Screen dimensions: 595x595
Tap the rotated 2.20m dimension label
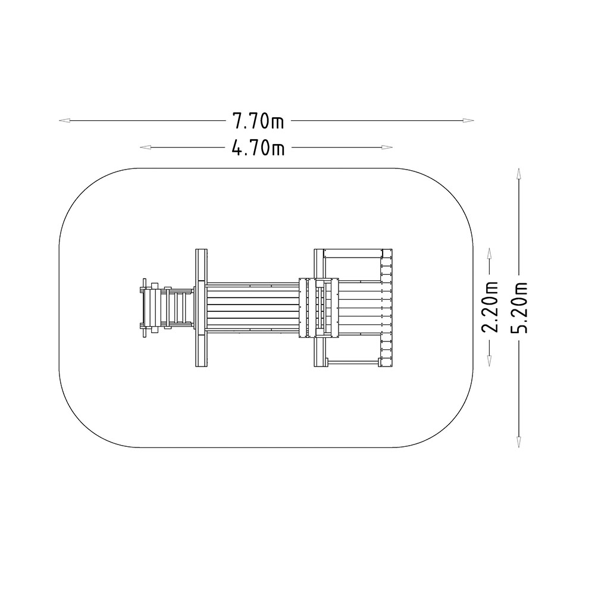(x=490, y=307)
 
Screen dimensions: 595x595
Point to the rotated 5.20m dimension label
(x=519, y=308)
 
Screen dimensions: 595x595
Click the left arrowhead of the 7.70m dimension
(x=64, y=120)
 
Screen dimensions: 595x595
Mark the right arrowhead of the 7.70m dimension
(x=469, y=120)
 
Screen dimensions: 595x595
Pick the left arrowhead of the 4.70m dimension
(x=145, y=147)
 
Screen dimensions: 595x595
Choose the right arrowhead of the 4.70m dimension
(x=387, y=147)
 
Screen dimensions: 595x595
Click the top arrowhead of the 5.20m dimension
(x=519, y=173)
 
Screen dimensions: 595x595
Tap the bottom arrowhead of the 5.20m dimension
(x=519, y=442)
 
